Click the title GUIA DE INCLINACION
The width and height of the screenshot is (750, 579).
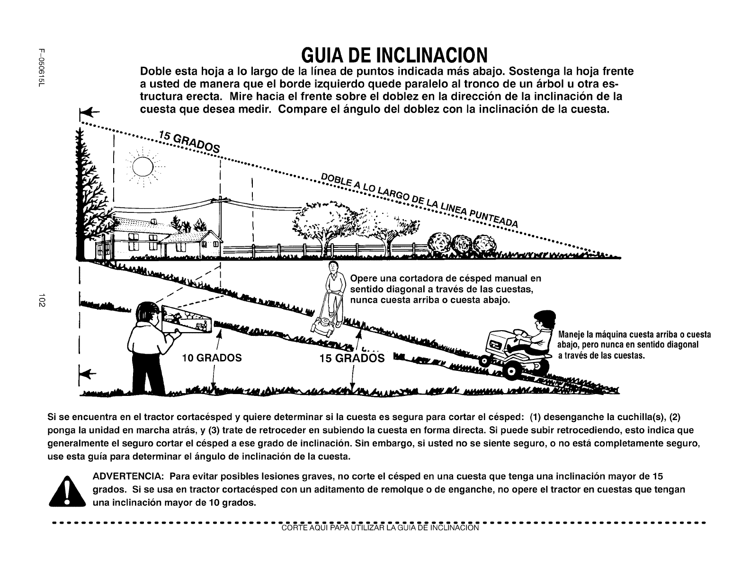394,56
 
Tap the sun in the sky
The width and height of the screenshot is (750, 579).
143,167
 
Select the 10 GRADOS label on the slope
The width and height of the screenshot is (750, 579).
212,358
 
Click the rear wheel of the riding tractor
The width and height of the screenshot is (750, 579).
512,371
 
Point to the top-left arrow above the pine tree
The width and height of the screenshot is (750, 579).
89,113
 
